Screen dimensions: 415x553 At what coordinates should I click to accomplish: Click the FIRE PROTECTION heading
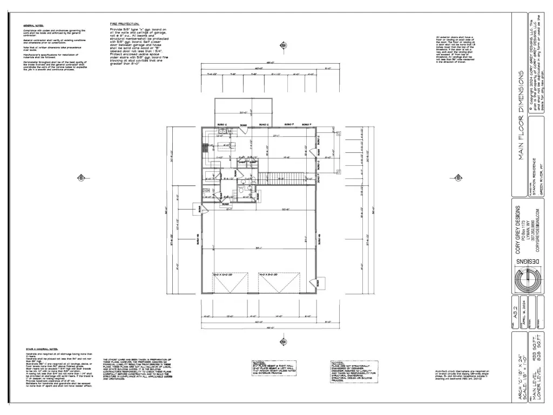click(125, 24)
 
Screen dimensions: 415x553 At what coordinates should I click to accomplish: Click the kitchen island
click(227, 145)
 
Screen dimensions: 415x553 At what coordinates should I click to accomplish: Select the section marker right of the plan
click(456, 177)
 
